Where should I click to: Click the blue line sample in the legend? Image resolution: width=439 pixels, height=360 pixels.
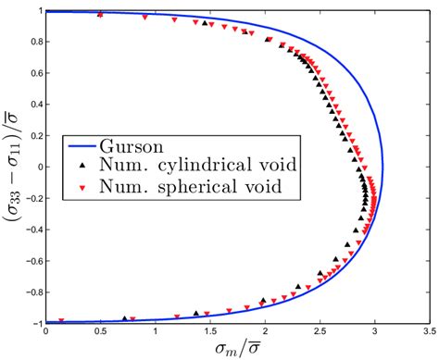click(x=83, y=145)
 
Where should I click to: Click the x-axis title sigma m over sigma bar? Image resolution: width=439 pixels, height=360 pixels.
click(x=235, y=348)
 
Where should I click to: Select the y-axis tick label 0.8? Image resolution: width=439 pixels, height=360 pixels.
click(x=32, y=43)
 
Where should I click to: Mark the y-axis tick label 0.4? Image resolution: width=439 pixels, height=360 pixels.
click(x=32, y=105)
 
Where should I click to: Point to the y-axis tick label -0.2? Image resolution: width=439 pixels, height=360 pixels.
click(x=30, y=198)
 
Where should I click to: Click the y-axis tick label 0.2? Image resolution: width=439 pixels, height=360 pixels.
click(x=32, y=136)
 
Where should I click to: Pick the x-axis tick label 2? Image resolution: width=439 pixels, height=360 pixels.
click(x=265, y=329)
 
